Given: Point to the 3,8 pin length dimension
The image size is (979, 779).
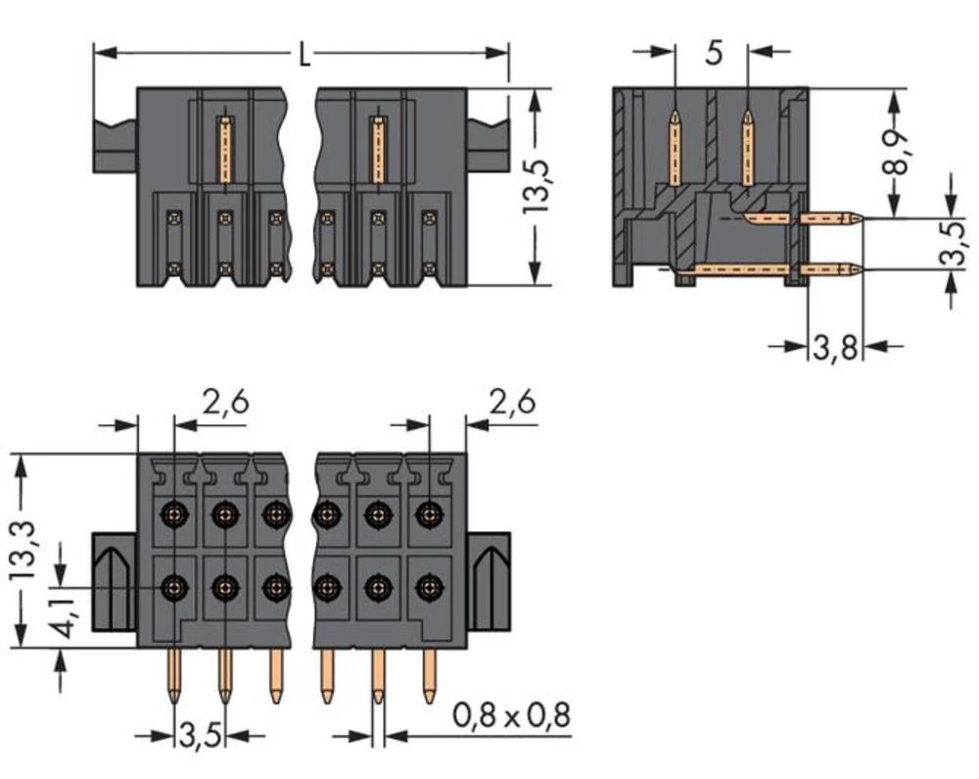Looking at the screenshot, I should [x=835, y=345].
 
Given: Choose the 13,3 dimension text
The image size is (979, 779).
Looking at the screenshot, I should [x=30, y=550].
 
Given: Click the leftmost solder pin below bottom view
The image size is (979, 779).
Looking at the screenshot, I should [x=174, y=676].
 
